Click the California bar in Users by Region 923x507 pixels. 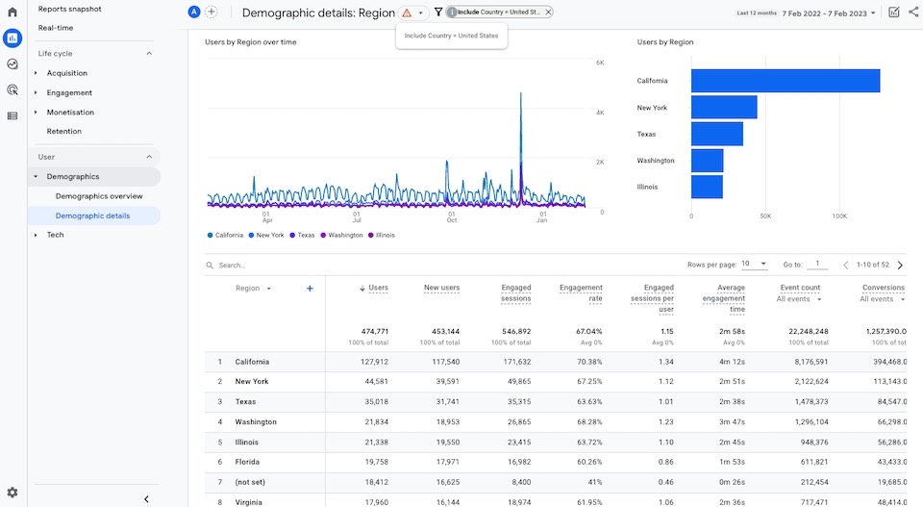(785, 81)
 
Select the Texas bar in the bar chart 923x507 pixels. (716, 134)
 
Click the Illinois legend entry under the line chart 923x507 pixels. (382, 235)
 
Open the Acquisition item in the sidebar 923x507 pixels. (66, 73)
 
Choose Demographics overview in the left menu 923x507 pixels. (99, 196)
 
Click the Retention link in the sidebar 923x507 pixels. (63, 131)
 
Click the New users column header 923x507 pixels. (441, 288)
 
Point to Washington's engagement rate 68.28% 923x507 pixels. (587, 421)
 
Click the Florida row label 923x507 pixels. (248, 462)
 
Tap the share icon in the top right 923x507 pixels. (912, 13)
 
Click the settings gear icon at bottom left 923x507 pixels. (12, 493)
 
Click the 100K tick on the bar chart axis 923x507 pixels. (838, 216)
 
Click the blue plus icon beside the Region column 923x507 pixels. (310, 289)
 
